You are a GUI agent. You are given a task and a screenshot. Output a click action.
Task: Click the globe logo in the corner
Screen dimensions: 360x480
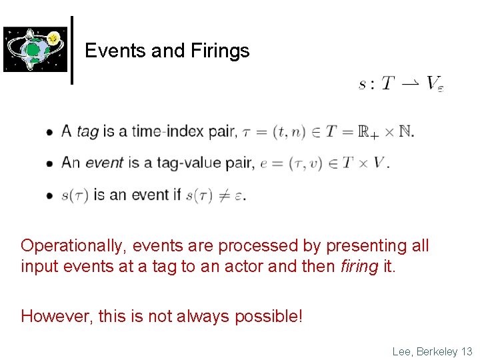[x=35, y=49]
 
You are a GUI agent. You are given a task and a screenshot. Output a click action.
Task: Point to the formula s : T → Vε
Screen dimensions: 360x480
[x=401, y=84]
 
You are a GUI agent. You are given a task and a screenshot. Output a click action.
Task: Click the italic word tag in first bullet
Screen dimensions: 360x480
[x=87, y=131]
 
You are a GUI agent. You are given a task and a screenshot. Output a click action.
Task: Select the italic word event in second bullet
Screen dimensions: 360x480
[x=105, y=162]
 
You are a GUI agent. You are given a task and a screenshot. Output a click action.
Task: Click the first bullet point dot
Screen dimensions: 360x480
[x=50, y=133]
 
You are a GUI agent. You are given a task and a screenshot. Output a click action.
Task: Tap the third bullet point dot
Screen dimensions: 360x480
[x=50, y=195]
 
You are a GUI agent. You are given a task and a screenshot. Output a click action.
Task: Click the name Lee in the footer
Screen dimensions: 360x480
[x=402, y=351]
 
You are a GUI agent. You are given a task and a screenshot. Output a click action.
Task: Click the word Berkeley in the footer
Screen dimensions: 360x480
[x=437, y=351]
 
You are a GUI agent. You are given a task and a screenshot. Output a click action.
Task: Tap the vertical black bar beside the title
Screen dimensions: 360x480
[x=71, y=50]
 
